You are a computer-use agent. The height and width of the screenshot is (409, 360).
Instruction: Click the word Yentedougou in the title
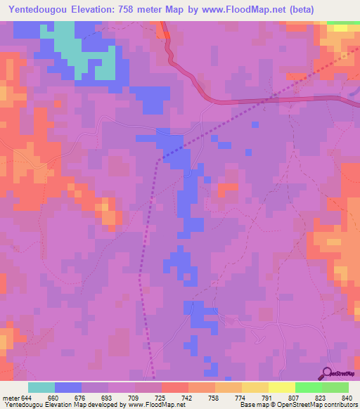(x=40, y=9)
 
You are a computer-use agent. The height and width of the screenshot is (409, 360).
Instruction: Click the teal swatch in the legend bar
(x=41, y=387)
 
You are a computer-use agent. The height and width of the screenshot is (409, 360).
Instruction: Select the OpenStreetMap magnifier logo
(x=326, y=372)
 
